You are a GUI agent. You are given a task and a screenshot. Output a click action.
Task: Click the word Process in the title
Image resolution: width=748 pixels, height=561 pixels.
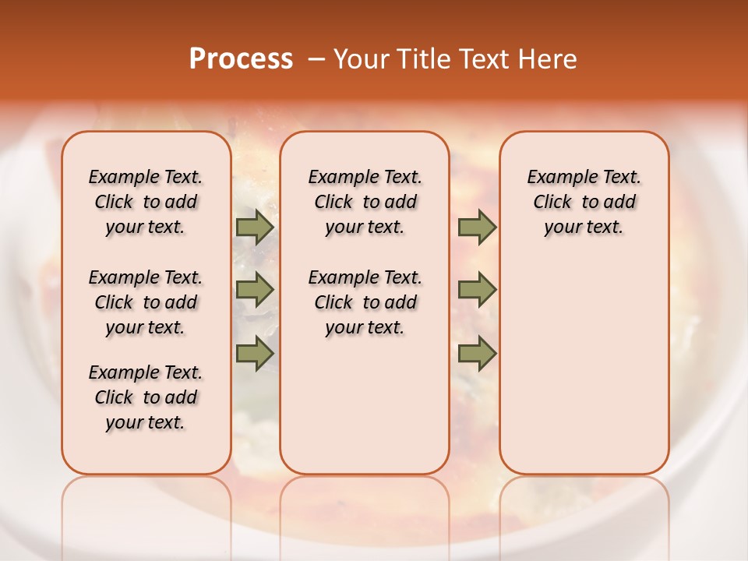coord(241,59)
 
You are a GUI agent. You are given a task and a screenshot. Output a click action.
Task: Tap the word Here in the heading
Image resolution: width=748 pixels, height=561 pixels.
coord(548,59)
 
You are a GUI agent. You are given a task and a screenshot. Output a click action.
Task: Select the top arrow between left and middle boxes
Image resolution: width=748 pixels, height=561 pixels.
coord(255,227)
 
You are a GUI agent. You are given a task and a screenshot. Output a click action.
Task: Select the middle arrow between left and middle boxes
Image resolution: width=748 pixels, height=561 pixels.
coord(255,290)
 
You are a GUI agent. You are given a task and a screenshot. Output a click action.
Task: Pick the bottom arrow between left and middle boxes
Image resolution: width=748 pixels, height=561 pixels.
coord(255,353)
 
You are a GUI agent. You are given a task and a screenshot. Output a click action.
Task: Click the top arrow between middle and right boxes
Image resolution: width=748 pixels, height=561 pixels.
coord(477,227)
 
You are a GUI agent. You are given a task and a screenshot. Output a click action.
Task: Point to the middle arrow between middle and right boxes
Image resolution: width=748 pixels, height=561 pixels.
coord(477,290)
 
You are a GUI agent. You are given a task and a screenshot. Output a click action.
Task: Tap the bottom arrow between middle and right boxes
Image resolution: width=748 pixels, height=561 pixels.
coord(477,353)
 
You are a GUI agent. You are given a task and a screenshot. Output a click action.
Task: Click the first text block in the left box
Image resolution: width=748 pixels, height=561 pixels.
coord(146,202)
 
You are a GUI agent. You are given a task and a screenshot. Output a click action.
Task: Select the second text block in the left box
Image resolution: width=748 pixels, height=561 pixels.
coord(146,302)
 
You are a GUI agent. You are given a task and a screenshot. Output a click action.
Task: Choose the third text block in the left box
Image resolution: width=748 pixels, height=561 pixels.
coord(146,397)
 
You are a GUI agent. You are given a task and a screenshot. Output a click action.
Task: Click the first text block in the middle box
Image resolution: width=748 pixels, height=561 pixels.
coord(365,202)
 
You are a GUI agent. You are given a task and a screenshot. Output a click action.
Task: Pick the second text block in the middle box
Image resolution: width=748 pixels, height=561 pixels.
coord(365,302)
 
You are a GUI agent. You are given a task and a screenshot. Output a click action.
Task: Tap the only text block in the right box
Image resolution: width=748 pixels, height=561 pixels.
coord(584,202)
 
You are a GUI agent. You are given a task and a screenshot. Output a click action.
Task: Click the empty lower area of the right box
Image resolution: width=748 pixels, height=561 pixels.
coord(584,366)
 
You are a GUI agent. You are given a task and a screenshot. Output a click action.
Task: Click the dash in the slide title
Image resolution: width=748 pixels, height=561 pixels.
coord(316,59)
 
